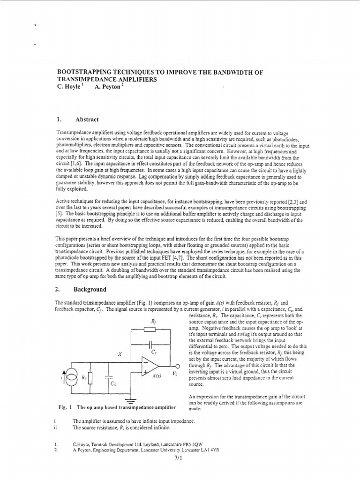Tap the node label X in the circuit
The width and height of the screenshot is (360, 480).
point(120,355)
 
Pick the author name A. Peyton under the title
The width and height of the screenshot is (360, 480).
point(107,87)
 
